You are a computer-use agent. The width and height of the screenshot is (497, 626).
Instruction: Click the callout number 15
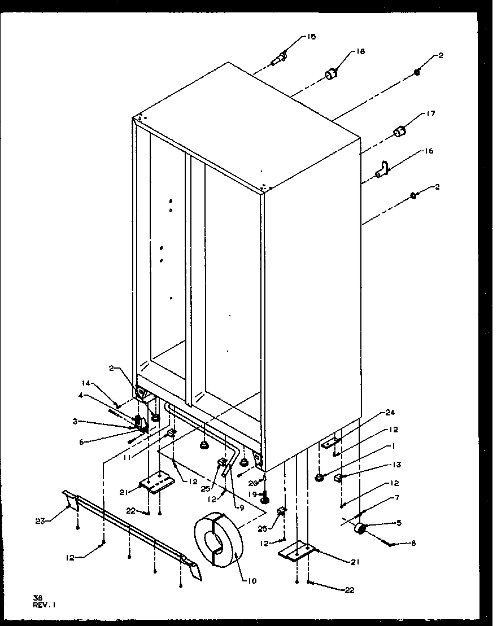pyautogui.click(x=311, y=37)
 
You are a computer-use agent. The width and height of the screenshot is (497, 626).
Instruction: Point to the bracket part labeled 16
pyautogui.click(x=383, y=168)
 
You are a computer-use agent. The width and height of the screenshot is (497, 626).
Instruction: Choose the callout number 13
pyautogui.click(x=397, y=465)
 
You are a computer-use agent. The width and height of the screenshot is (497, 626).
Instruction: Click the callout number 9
pyautogui.click(x=242, y=507)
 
